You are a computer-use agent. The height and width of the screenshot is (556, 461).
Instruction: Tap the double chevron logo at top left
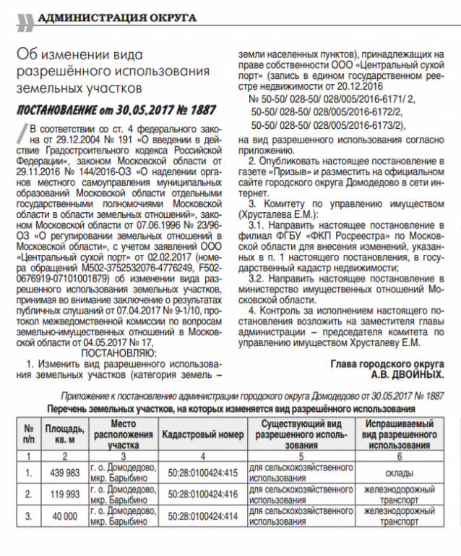pos(25,20)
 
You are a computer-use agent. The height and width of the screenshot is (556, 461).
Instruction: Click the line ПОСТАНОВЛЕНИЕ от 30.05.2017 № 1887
pos(116,110)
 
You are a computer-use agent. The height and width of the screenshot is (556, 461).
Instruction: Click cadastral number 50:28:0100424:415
pos(201,473)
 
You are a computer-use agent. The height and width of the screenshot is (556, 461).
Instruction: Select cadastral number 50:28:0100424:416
pos(201,494)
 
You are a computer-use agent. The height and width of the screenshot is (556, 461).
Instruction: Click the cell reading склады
pos(398,473)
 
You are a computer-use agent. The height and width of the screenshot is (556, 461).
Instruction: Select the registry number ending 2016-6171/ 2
pos(332,97)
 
